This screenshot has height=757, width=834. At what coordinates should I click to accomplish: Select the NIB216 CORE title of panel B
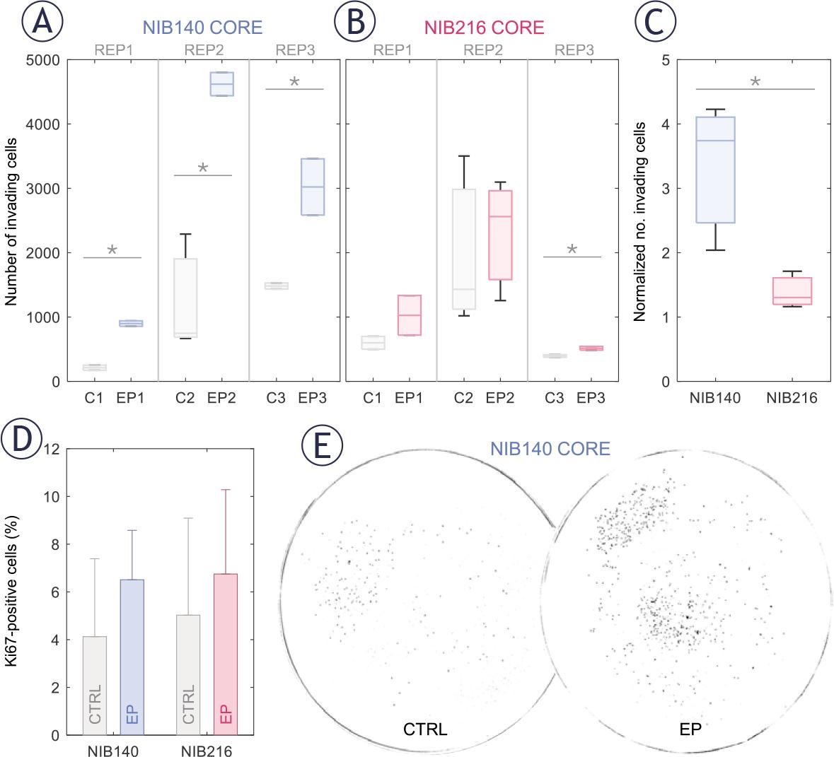pyautogui.click(x=483, y=28)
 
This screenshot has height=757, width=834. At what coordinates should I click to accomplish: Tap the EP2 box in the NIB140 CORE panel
pyautogui.click(x=223, y=83)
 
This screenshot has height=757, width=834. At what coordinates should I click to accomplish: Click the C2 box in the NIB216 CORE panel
pyautogui.click(x=463, y=249)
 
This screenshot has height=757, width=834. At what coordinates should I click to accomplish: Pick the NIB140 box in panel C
pyautogui.click(x=715, y=170)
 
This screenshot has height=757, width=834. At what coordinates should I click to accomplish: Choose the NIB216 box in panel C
pyautogui.click(x=792, y=291)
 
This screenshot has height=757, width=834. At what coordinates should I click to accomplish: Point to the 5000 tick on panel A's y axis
pyautogui.click(x=44, y=59)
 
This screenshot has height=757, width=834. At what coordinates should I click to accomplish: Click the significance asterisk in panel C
pyautogui.click(x=755, y=83)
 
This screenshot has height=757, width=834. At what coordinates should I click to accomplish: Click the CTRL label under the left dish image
pyautogui.click(x=424, y=729)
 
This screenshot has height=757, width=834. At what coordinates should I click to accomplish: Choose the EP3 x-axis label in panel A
pyautogui.click(x=313, y=398)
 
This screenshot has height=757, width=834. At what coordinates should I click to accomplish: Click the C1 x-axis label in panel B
pyautogui.click(x=372, y=398)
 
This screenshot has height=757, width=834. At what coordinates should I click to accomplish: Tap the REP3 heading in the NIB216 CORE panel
pyautogui.click(x=574, y=49)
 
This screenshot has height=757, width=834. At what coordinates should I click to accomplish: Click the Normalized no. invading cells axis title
pyautogui.click(x=640, y=221)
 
